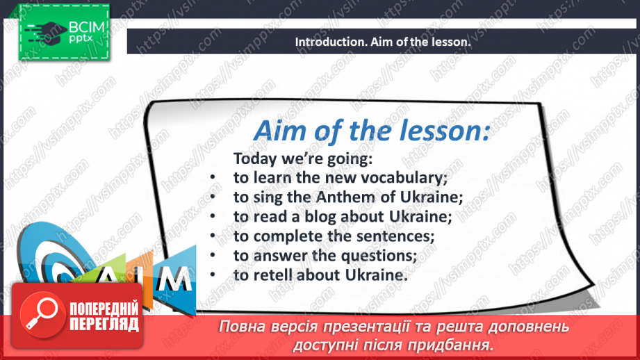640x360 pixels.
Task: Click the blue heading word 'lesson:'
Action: click(445, 131)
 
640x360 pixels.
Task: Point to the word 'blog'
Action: click(321, 217)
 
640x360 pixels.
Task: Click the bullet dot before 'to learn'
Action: click(213, 177)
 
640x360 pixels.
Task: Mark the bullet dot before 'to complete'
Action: click(213, 236)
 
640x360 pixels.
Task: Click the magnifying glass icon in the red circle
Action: click(42, 314)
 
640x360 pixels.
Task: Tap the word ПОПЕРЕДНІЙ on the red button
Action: click(104, 309)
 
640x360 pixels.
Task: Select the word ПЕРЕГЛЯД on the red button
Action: click(104, 324)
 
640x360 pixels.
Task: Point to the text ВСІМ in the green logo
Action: click(87, 27)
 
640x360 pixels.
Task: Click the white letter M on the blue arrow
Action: click(174, 279)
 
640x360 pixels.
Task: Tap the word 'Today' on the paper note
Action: click(255, 158)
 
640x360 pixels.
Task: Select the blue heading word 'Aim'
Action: click(281, 131)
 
